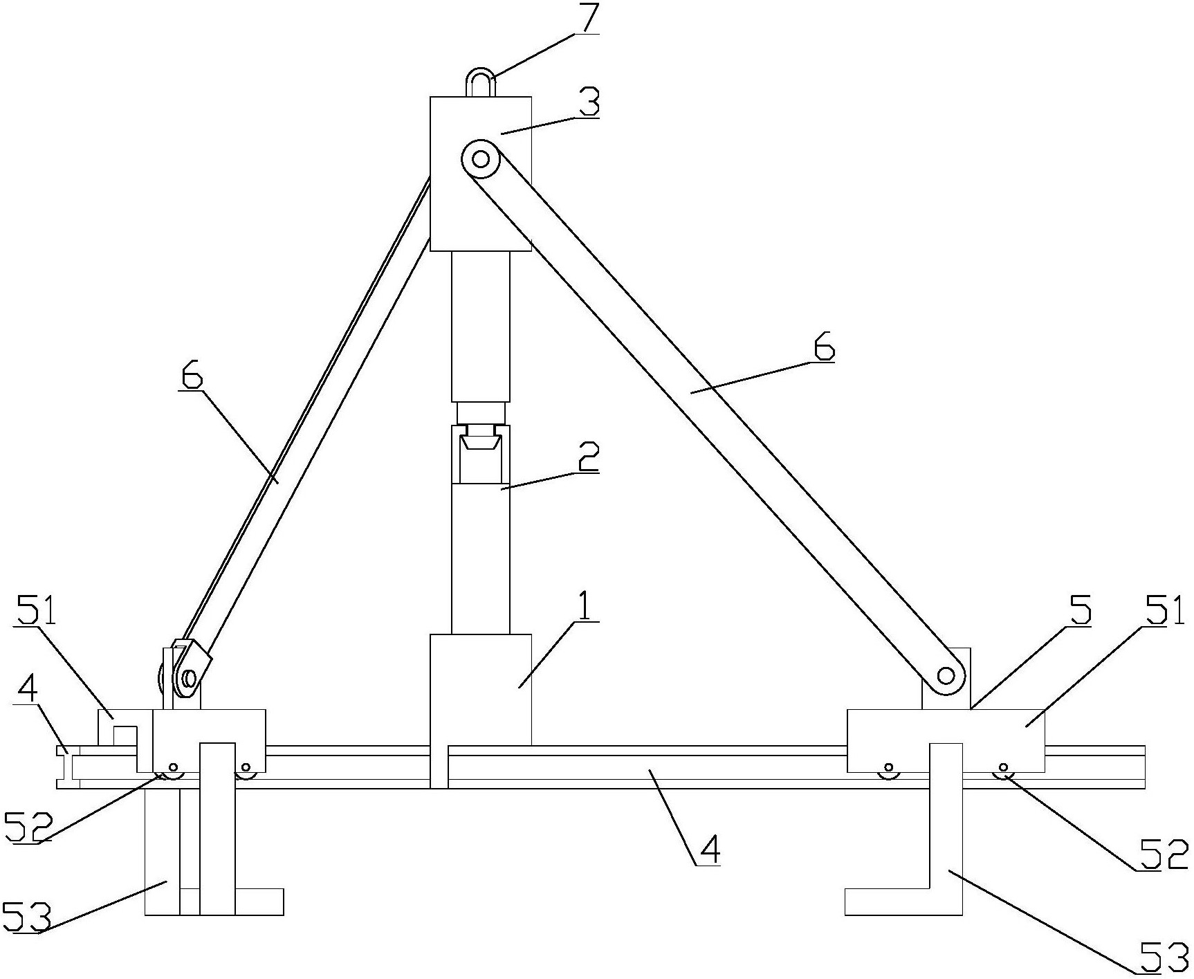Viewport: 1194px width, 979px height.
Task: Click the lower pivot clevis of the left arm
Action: click(187, 671)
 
